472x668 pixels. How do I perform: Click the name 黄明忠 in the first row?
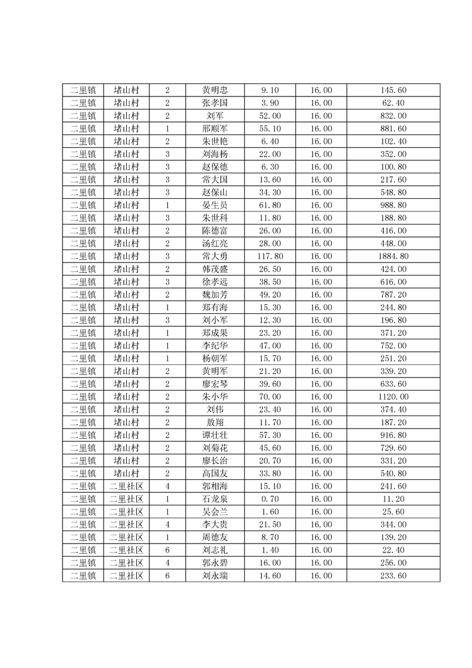point(214,90)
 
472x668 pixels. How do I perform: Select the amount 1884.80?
point(393,256)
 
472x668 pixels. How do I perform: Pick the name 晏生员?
point(214,205)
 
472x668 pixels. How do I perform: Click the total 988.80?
point(393,205)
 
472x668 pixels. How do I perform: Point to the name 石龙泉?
point(214,499)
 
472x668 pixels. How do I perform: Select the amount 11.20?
point(393,499)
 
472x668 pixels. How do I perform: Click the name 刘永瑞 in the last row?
point(214,576)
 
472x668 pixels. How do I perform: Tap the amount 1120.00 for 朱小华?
point(393,397)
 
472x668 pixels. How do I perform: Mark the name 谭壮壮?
point(214,435)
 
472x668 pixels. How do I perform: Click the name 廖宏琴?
point(214,384)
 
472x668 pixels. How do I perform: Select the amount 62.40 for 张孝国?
point(393,103)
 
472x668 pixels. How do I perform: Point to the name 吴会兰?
point(214,512)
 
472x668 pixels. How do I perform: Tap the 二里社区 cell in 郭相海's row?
point(126,486)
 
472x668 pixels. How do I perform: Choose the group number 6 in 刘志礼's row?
point(167,550)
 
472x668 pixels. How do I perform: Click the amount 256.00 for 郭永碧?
point(393,563)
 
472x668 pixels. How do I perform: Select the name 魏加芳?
point(214,295)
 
